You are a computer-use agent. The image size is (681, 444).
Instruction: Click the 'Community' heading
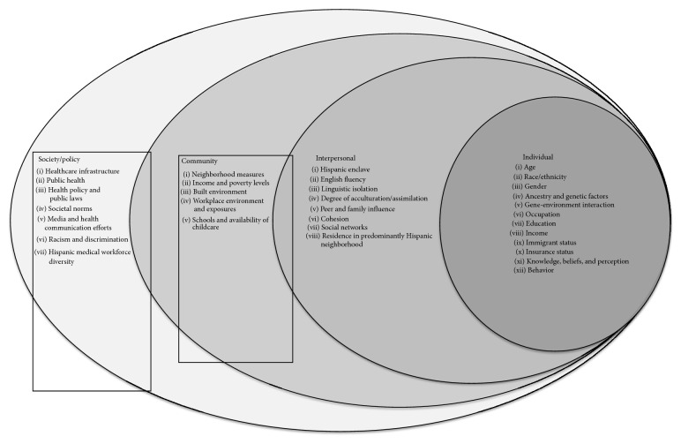pyautogui.click(x=199, y=162)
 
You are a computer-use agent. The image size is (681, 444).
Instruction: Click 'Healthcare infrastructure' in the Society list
pyautogui.click(x=85, y=169)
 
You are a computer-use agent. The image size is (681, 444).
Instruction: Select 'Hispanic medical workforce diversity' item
pyautogui.click(x=85, y=256)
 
